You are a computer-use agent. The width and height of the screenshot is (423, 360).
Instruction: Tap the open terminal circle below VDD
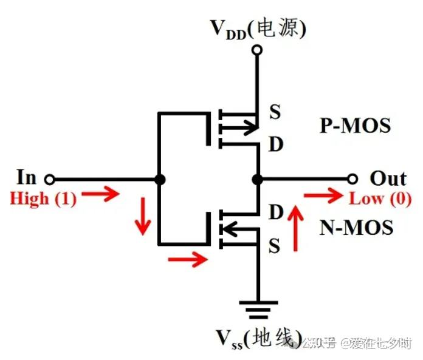(257, 50)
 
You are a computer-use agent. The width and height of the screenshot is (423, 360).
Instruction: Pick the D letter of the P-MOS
(275, 145)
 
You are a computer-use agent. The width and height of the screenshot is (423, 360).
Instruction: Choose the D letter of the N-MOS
(275, 212)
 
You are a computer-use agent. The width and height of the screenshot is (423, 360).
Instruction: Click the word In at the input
(26, 178)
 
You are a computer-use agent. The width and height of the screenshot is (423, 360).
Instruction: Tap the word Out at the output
(388, 178)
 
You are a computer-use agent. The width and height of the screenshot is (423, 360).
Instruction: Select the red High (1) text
(43, 199)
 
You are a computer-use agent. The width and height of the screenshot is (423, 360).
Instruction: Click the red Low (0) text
(380, 199)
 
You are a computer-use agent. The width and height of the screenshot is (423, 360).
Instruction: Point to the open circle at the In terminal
(50, 179)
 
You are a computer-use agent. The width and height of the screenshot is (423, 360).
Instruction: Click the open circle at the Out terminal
(352, 179)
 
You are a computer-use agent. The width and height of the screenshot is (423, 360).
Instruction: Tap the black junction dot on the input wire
(159, 179)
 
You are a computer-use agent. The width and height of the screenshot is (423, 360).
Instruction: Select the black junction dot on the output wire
(257, 179)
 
